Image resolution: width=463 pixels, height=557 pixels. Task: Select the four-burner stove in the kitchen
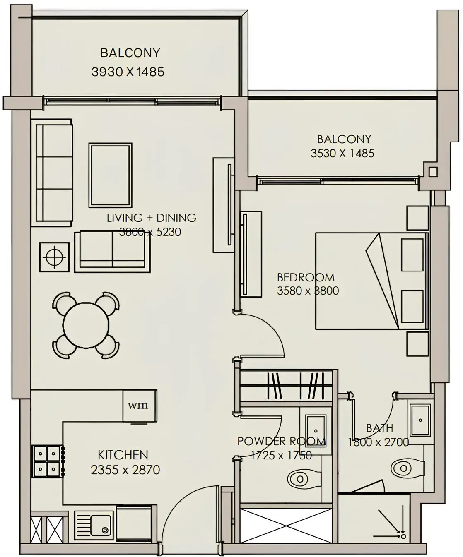click(47, 461)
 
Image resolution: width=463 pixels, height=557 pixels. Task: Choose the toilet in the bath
click(405, 468)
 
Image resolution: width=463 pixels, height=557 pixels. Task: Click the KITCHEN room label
click(123, 455)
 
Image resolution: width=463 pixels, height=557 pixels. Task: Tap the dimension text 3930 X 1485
click(128, 72)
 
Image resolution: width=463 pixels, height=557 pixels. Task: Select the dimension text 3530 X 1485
click(342, 153)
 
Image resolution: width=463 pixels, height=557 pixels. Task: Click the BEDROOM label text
click(306, 277)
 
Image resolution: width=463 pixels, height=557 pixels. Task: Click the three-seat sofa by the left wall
click(53, 172)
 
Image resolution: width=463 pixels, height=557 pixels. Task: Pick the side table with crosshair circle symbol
click(54, 257)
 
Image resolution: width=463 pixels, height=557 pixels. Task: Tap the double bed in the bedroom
click(371, 281)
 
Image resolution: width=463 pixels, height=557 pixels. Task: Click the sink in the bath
click(420, 420)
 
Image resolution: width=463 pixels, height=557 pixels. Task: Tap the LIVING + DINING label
click(151, 218)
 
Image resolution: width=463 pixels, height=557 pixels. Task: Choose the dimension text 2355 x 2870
click(125, 470)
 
